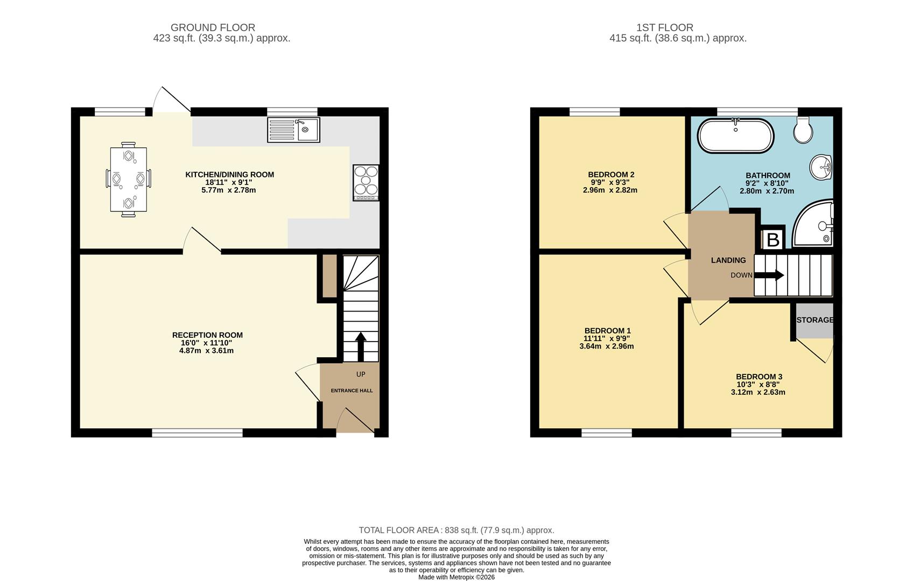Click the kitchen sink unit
293,130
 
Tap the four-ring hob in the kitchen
366,182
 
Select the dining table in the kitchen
128,179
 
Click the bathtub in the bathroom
735,136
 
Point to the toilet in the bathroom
803,130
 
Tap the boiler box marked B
773,239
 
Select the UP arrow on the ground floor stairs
361,347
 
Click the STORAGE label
815,320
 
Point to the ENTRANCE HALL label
352,391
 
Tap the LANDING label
728,260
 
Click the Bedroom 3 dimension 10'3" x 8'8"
758,384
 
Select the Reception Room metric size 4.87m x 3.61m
206,350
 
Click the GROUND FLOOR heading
213,27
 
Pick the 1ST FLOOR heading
665,27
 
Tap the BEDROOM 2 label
611,174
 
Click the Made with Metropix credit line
456,577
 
